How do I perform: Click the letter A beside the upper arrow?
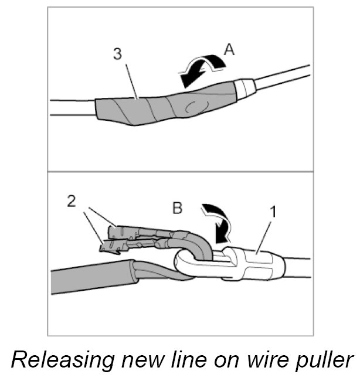pos(229,50)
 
